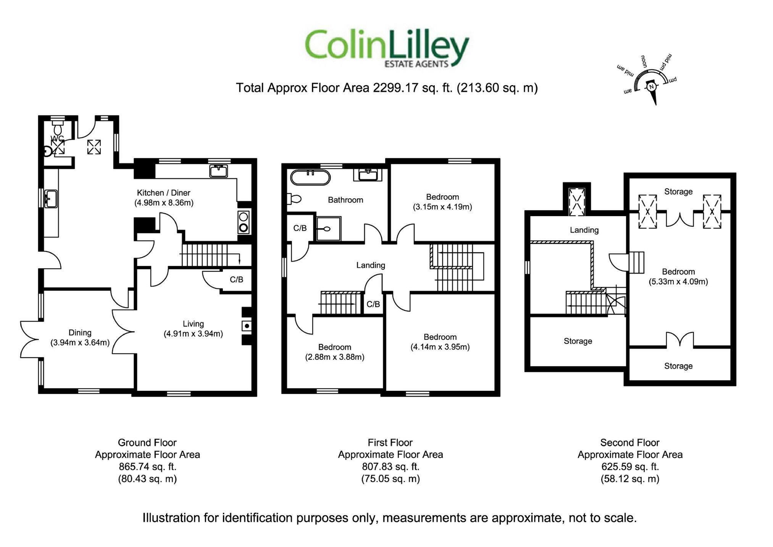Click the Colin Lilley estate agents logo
coord(386,49)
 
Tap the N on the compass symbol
coord(652,87)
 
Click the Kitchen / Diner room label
coord(163,193)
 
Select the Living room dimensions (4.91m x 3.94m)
coord(193,334)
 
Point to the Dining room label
coord(80,333)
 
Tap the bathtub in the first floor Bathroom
coord(310,178)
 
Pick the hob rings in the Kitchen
coord(243,222)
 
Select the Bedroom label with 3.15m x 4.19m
coord(442,197)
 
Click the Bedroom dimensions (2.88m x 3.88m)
coord(334,357)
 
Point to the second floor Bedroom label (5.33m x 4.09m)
coord(678,272)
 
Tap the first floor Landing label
coord(370,265)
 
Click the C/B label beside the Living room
coord(236,280)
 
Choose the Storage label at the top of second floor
coord(678,192)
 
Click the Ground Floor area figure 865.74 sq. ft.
coord(147,467)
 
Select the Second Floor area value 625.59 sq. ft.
coord(630,467)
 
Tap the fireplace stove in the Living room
coord(247,326)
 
